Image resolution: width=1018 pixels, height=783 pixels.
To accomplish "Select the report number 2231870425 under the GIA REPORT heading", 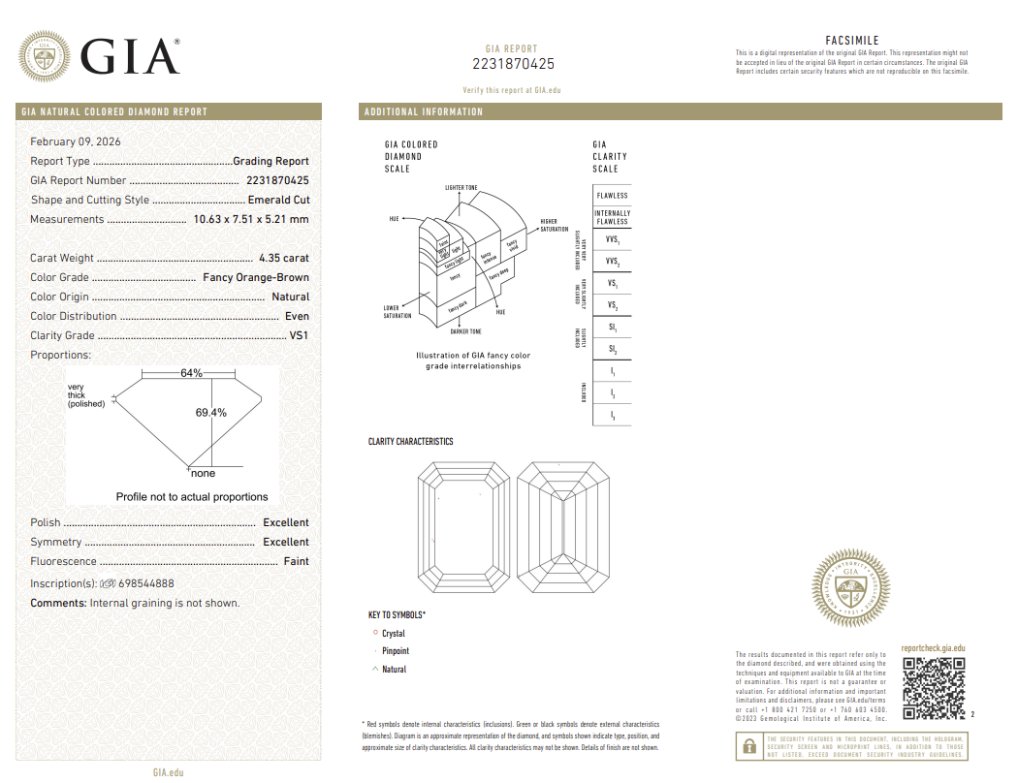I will tap(513, 64).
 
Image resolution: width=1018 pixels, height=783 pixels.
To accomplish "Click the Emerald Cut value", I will tap(278, 200).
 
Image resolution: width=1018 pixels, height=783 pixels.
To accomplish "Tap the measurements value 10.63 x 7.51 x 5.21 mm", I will tap(251, 219).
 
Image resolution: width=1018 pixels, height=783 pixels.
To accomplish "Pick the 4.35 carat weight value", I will tap(284, 258).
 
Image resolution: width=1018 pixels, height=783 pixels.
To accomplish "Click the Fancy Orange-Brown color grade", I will tap(256, 277).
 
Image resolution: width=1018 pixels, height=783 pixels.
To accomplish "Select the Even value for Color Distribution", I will tap(297, 316).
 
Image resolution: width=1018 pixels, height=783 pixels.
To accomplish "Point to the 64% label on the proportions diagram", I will tap(191, 373).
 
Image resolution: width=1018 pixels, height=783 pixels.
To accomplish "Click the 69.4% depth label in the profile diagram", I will tap(210, 412).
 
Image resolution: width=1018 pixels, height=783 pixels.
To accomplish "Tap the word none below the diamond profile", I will tap(203, 474).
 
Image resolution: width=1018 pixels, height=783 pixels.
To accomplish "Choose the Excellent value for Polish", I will tap(286, 522).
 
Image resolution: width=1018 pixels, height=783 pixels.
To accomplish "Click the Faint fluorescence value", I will tap(296, 561).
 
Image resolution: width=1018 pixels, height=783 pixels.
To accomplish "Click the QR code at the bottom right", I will tap(934, 688).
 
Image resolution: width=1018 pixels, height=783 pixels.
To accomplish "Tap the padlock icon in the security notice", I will tap(748, 746).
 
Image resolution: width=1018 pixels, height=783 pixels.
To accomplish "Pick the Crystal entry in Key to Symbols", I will tap(394, 634).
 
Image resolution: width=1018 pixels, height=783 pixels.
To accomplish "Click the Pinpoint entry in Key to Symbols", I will tap(396, 651).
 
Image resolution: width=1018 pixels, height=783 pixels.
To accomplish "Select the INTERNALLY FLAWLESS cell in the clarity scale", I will tap(612, 217).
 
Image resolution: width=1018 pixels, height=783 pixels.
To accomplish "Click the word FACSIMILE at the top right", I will tap(851, 41).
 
